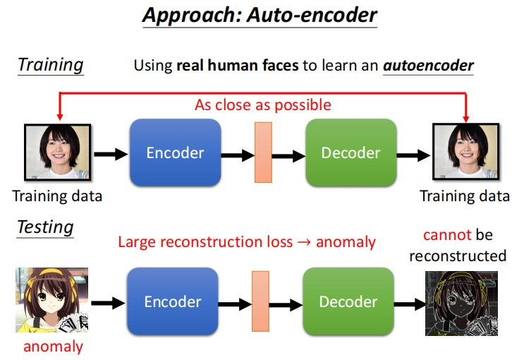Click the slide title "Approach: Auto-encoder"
(x=260, y=16)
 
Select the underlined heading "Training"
(x=50, y=65)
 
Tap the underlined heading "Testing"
(x=45, y=227)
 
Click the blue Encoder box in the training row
(x=175, y=152)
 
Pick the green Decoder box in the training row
(x=351, y=152)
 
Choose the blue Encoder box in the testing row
(x=173, y=301)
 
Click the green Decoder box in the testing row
(x=348, y=301)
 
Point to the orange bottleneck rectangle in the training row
(x=262, y=152)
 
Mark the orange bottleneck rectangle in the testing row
(x=261, y=301)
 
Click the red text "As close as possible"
(x=262, y=105)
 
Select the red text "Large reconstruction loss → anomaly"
(x=247, y=242)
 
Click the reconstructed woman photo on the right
(x=463, y=152)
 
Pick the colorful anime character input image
(x=51, y=300)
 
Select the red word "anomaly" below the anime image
(x=53, y=346)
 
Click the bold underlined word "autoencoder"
(x=428, y=66)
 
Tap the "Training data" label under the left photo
(x=57, y=196)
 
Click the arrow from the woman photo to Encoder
(x=108, y=152)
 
